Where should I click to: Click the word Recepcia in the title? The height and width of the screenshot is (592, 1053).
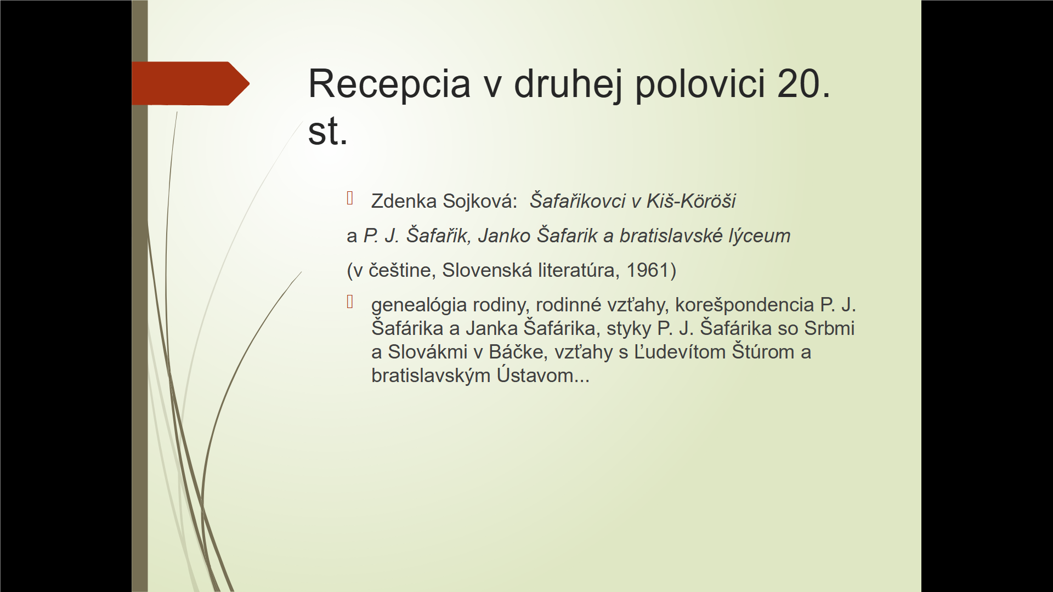389,84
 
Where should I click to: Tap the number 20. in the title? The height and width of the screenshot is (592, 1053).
803,84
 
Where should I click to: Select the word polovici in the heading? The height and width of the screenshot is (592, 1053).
700,84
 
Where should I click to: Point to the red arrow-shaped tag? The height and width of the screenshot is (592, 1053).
190,83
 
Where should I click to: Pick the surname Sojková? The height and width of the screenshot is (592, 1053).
480,202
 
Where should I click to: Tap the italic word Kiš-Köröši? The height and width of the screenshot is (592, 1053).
691,201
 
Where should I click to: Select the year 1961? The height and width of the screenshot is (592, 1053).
648,270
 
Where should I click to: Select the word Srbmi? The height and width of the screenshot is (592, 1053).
829,328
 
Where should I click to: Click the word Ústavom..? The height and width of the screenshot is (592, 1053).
543,375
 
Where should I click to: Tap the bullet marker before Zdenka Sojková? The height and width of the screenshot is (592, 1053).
350,198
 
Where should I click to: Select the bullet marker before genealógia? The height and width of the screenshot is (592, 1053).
350,301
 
